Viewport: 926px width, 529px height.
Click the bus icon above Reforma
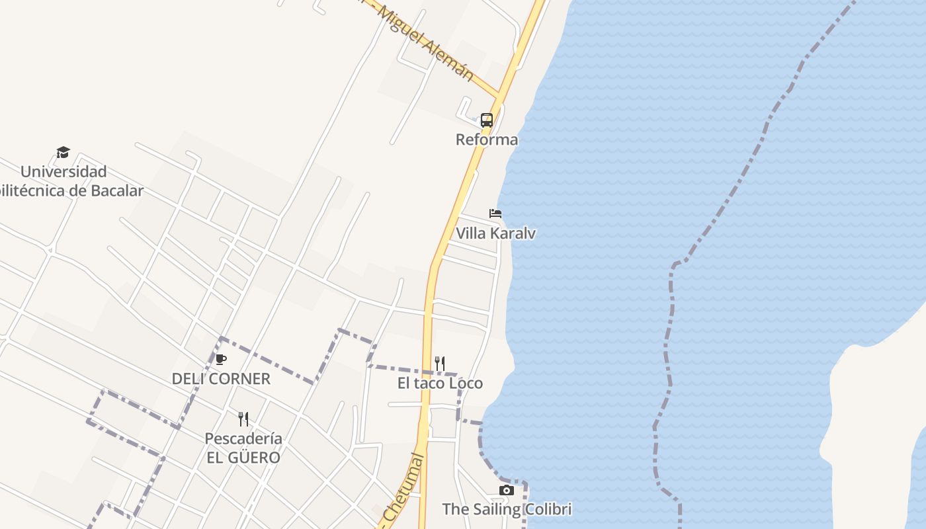click(x=487, y=120)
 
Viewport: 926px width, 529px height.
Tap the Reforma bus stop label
click(x=487, y=140)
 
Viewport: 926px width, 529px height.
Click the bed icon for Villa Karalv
click(x=495, y=214)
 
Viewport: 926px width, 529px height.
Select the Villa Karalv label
click(x=495, y=233)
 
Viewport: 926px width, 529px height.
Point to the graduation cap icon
click(x=63, y=153)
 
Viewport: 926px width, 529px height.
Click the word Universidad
click(x=63, y=172)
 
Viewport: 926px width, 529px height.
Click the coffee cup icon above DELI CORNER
click(x=221, y=360)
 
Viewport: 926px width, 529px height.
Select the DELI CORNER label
click(x=221, y=379)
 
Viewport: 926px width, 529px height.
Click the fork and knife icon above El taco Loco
click(x=440, y=364)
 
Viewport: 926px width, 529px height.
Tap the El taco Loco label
click(x=440, y=384)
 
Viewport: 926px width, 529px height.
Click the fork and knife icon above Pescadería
click(x=243, y=419)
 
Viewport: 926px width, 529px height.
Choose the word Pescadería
click(x=243, y=438)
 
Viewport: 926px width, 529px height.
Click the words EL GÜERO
click(x=243, y=458)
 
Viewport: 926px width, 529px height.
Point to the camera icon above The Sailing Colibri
click(x=507, y=490)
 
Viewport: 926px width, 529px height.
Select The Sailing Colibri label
click(x=507, y=509)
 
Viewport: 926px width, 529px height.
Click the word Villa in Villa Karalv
click(x=471, y=233)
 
